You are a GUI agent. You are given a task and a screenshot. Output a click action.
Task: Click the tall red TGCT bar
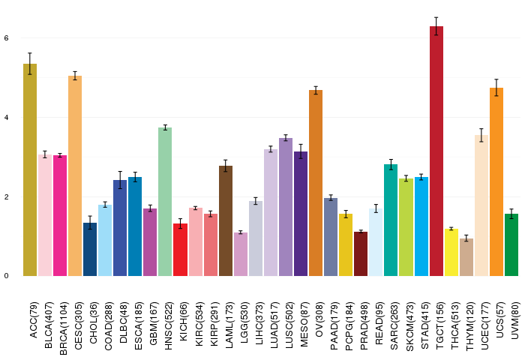pos(436,151)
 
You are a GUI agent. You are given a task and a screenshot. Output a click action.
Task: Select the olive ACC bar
pos(30,169)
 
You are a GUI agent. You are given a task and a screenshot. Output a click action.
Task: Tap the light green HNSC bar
pos(165,202)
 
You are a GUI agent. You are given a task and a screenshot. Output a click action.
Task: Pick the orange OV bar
pos(316,183)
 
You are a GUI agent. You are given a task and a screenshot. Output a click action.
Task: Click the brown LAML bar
pos(226,221)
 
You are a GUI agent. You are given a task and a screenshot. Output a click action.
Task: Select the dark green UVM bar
pos(511,244)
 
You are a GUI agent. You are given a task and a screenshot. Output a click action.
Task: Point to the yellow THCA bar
pos(451,253)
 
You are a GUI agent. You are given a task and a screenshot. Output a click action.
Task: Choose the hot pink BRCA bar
pos(60,216)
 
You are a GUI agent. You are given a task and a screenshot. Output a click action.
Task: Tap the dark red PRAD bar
pos(361,253)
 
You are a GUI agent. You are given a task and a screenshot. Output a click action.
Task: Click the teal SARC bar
pos(391,220)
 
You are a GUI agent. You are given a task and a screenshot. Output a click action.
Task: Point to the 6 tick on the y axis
pos(6,38)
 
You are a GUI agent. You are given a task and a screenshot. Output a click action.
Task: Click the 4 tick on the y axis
pos(6,118)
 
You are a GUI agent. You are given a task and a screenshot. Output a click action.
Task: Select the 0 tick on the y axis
pos(6,276)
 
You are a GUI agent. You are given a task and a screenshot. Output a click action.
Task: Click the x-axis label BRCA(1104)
pos(63,328)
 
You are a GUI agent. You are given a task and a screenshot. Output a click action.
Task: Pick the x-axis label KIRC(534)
pos(199,324)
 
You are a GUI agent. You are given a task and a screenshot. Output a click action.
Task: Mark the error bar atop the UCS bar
pos(496,88)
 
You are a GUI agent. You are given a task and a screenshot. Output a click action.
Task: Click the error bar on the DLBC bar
pos(120,180)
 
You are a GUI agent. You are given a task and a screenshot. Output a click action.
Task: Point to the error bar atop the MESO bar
pos(301,151)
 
